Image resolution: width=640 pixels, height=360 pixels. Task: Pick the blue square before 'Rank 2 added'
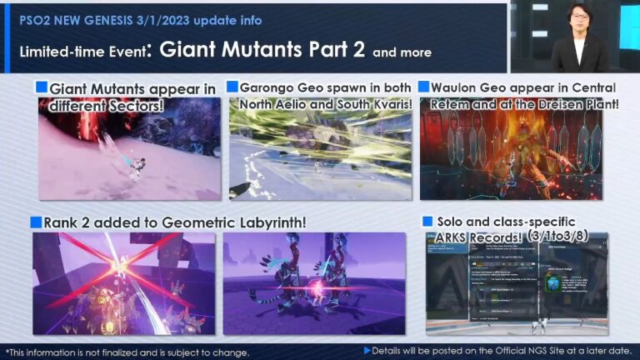pos(37,222)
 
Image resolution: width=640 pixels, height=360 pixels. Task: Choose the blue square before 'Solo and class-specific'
pos(427,222)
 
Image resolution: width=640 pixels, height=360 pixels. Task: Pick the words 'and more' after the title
pos(402,52)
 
